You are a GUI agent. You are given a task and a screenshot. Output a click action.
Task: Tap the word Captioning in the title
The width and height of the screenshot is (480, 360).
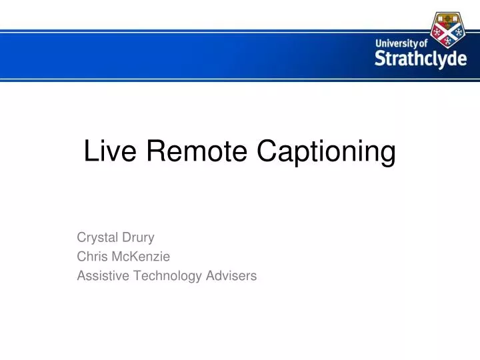[x=326, y=153]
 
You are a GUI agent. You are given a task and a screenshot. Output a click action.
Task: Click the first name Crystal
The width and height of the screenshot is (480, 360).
[x=97, y=237]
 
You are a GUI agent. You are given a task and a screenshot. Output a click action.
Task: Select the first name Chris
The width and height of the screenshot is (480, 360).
[x=92, y=256]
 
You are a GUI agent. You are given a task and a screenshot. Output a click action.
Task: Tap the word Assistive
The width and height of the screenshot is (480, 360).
[x=100, y=275]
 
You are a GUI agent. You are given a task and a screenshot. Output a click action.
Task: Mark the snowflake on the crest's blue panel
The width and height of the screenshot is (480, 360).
[x=459, y=31]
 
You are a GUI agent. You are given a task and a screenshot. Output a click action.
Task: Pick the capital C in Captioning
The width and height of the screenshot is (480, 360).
[x=267, y=152]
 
